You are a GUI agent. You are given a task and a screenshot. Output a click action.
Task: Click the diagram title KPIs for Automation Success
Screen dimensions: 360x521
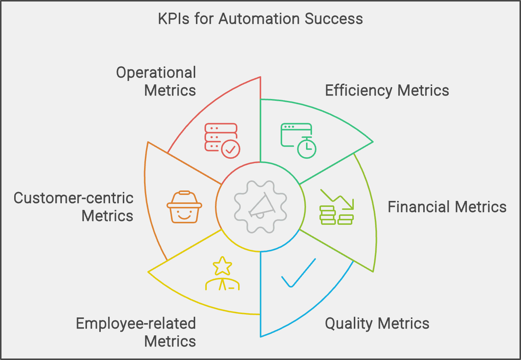260,19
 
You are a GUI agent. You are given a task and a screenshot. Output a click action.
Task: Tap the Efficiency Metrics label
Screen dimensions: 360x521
387,90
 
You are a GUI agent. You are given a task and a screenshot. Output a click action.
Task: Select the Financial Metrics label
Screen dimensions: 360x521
447,207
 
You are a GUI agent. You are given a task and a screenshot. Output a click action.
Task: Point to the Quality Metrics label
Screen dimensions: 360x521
377,323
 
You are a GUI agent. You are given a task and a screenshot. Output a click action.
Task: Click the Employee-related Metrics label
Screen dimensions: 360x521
136,332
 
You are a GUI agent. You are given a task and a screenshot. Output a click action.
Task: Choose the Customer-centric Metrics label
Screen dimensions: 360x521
74,207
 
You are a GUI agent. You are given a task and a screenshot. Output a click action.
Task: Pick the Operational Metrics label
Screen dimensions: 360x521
156,81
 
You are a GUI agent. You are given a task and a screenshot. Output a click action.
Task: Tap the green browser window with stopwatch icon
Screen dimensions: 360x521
298,140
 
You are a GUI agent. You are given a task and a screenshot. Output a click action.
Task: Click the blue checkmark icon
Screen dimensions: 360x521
299,273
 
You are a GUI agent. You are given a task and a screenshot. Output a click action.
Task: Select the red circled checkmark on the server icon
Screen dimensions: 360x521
231,149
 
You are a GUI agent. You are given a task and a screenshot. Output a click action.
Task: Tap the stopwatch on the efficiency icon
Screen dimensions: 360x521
307,148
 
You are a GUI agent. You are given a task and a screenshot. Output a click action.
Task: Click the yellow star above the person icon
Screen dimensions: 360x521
222,266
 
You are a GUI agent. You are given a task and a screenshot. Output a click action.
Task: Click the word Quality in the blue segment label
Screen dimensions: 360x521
349,323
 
